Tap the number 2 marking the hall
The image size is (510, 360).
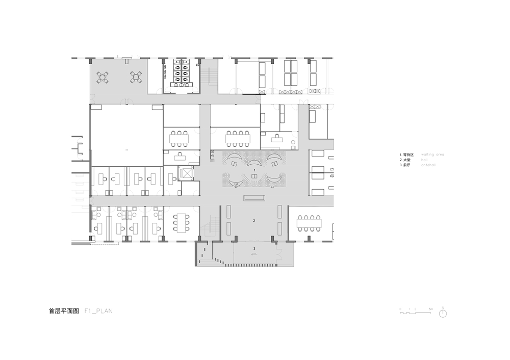[254, 221]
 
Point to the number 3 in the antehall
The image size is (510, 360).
[254, 248]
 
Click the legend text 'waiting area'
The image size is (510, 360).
[433, 154]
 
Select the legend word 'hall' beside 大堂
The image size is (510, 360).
[424, 160]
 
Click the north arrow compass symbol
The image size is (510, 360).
[443, 313]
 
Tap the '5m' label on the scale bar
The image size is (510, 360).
[431, 309]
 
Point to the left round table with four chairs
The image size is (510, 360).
[104, 77]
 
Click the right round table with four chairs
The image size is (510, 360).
[136, 77]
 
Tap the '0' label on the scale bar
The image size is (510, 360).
[400, 309]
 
